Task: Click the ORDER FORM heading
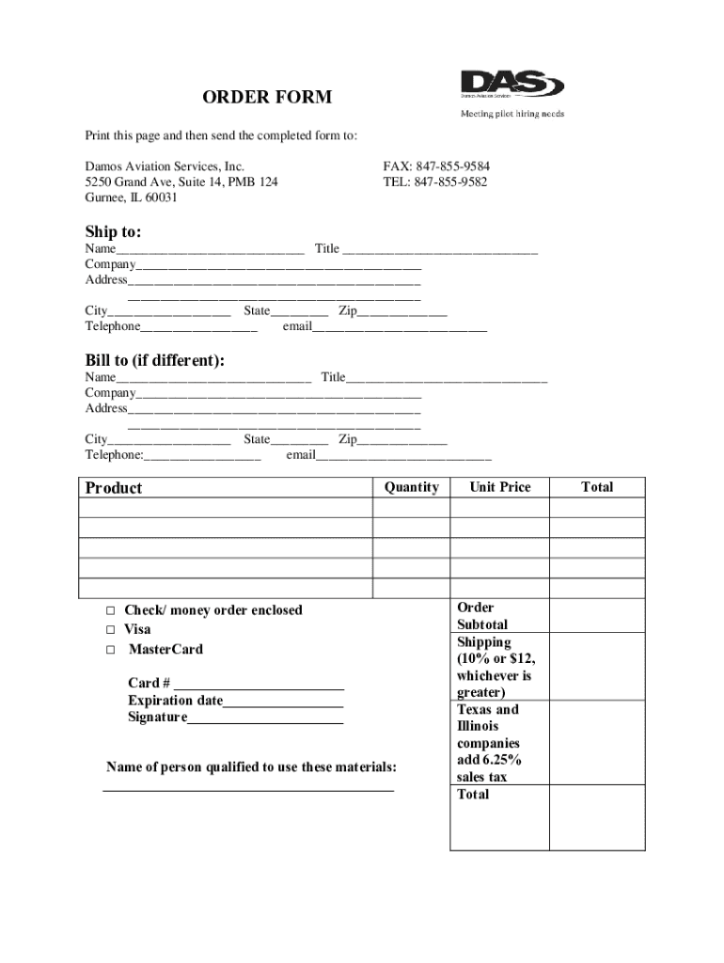click(x=267, y=98)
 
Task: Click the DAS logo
click(x=512, y=85)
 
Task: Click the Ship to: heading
click(x=113, y=231)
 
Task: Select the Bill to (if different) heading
click(x=154, y=361)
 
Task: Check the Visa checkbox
click(x=110, y=630)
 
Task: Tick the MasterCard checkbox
click(x=110, y=650)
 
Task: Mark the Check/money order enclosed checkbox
click(x=110, y=610)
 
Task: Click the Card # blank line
click(x=259, y=686)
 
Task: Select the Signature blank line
click(x=265, y=720)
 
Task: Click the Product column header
click(x=114, y=487)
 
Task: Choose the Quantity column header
click(x=411, y=487)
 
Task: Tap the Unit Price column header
click(x=499, y=487)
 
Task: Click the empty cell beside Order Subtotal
click(x=596, y=616)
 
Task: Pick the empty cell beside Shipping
click(x=596, y=667)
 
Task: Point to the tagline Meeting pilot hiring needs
click(x=512, y=114)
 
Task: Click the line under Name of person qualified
click(x=247, y=790)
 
